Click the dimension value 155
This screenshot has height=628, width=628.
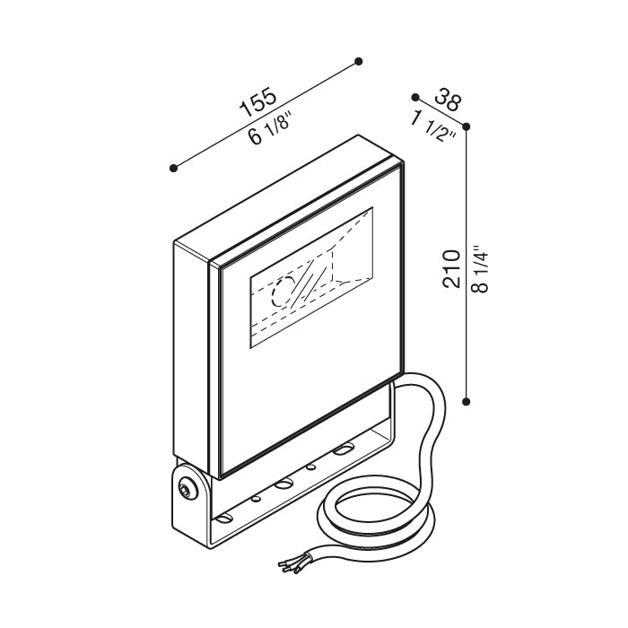(257, 102)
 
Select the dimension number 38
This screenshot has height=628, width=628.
(449, 100)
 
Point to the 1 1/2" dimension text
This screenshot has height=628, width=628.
(433, 126)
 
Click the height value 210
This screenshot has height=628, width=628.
(452, 268)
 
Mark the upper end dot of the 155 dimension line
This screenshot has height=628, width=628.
(359, 61)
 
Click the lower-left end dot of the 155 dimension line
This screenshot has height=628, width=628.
(173, 169)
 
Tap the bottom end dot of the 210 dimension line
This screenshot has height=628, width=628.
(466, 401)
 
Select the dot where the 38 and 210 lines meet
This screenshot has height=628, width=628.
(466, 126)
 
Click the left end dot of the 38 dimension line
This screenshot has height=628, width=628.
(415, 97)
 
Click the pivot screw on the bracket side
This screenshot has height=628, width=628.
(187, 488)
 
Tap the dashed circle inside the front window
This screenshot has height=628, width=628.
(283, 292)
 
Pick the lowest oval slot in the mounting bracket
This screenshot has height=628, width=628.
(224, 519)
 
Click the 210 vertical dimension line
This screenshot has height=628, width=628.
(466, 264)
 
